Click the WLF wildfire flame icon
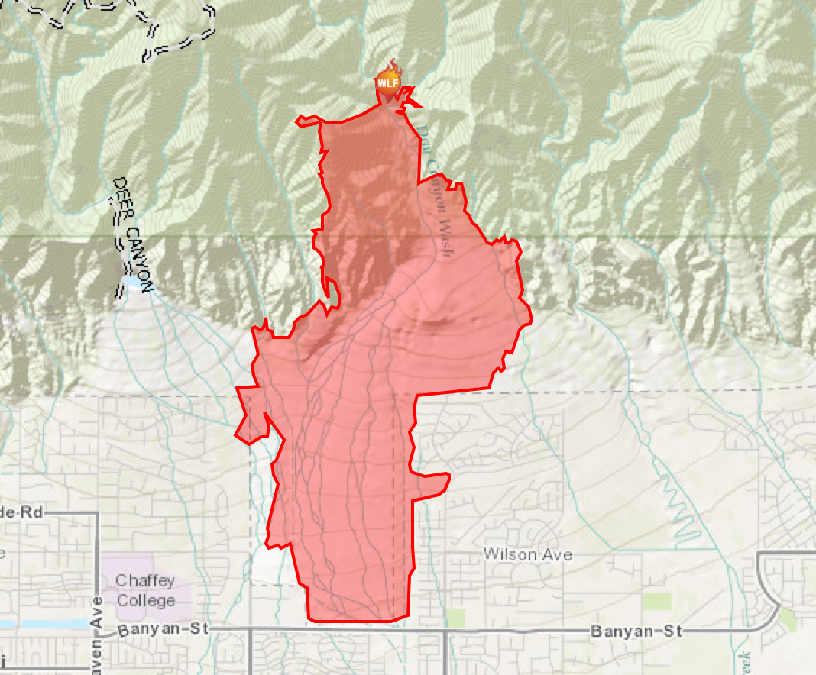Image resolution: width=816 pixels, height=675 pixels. tap(388, 80)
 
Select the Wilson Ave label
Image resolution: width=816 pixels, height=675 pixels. tap(528, 554)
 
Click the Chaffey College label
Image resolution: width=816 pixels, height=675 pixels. tap(145, 590)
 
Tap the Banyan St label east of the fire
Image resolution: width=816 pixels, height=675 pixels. tap(634, 631)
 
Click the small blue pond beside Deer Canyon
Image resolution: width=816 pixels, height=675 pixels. tap(131, 283)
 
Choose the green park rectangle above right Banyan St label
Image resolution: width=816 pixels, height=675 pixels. tap(657, 601)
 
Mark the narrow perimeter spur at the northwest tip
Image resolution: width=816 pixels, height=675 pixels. tap(305, 120)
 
